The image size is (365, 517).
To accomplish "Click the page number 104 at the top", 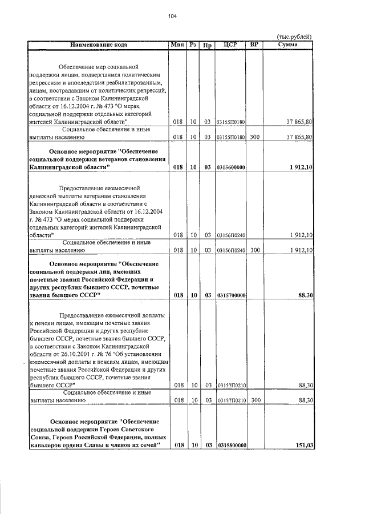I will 172,16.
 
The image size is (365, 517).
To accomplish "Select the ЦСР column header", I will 230,45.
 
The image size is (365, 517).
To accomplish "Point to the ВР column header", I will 254,45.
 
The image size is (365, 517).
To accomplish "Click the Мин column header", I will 177,45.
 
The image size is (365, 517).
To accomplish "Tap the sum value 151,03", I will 302,445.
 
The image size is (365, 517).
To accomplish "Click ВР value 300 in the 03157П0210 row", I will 254,401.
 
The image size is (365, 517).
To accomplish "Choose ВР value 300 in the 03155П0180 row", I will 254,138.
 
